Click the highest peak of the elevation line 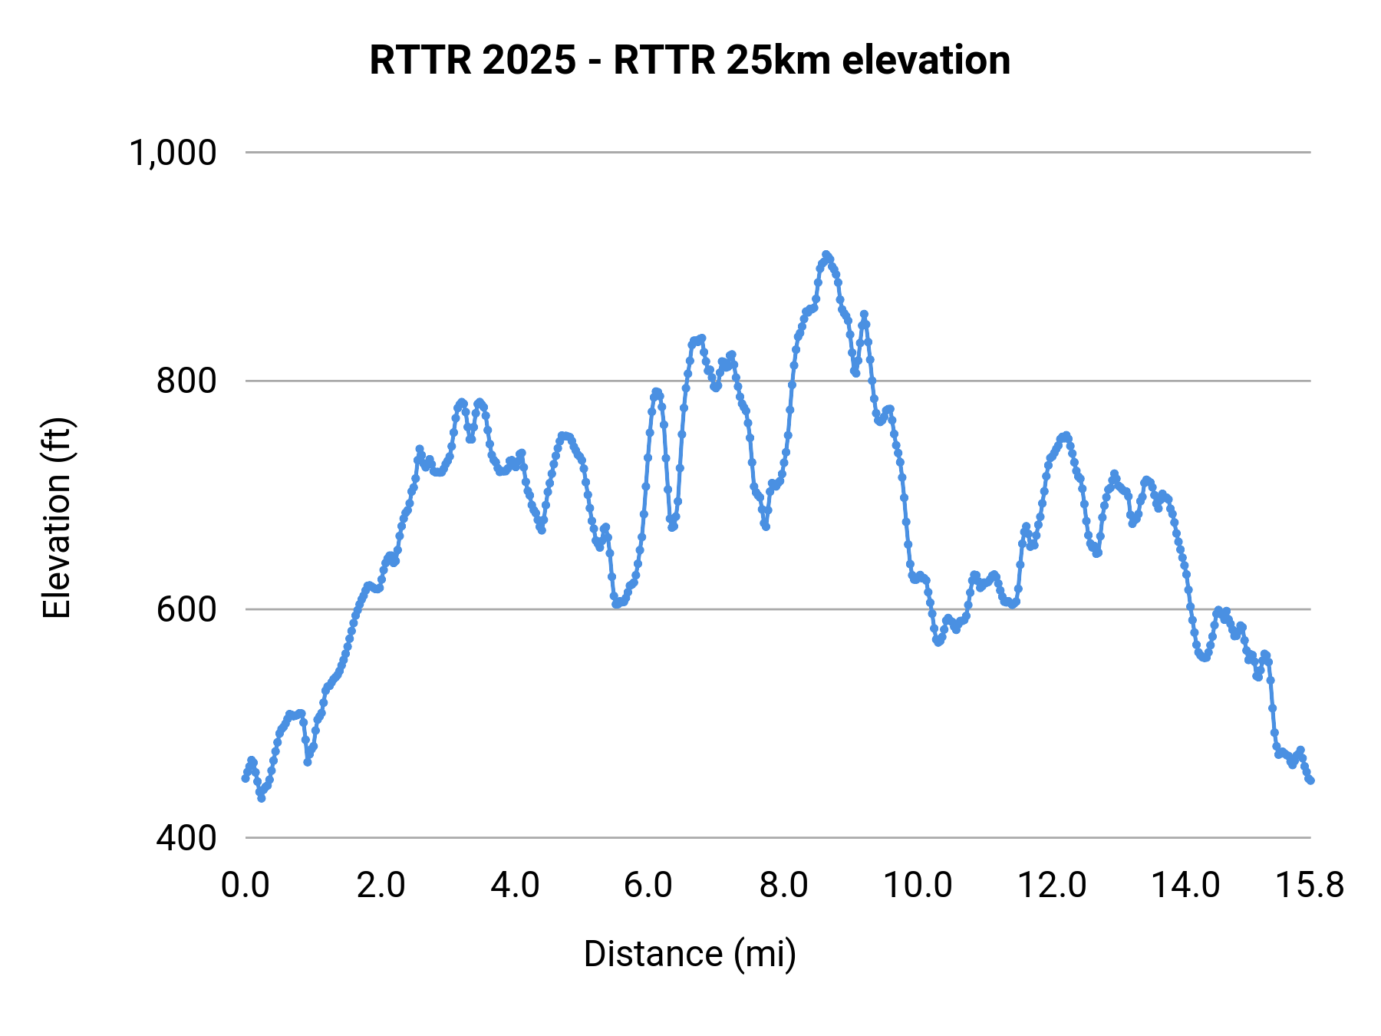[826, 255]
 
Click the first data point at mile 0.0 [246, 778]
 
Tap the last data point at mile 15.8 [1310, 780]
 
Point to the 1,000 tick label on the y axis [173, 153]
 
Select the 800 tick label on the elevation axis [186, 381]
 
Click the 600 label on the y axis [186, 609]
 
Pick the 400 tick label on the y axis [186, 838]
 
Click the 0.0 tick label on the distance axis [246, 886]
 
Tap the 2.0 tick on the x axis [381, 886]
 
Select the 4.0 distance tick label [516, 886]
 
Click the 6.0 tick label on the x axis [649, 886]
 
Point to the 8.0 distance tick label [784, 886]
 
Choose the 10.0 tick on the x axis [918, 886]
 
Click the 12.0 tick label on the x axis [1053, 886]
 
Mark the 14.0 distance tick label [1187, 886]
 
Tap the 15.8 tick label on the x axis [1310, 886]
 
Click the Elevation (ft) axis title [57, 518]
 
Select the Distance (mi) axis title [690, 954]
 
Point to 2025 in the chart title [529, 60]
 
